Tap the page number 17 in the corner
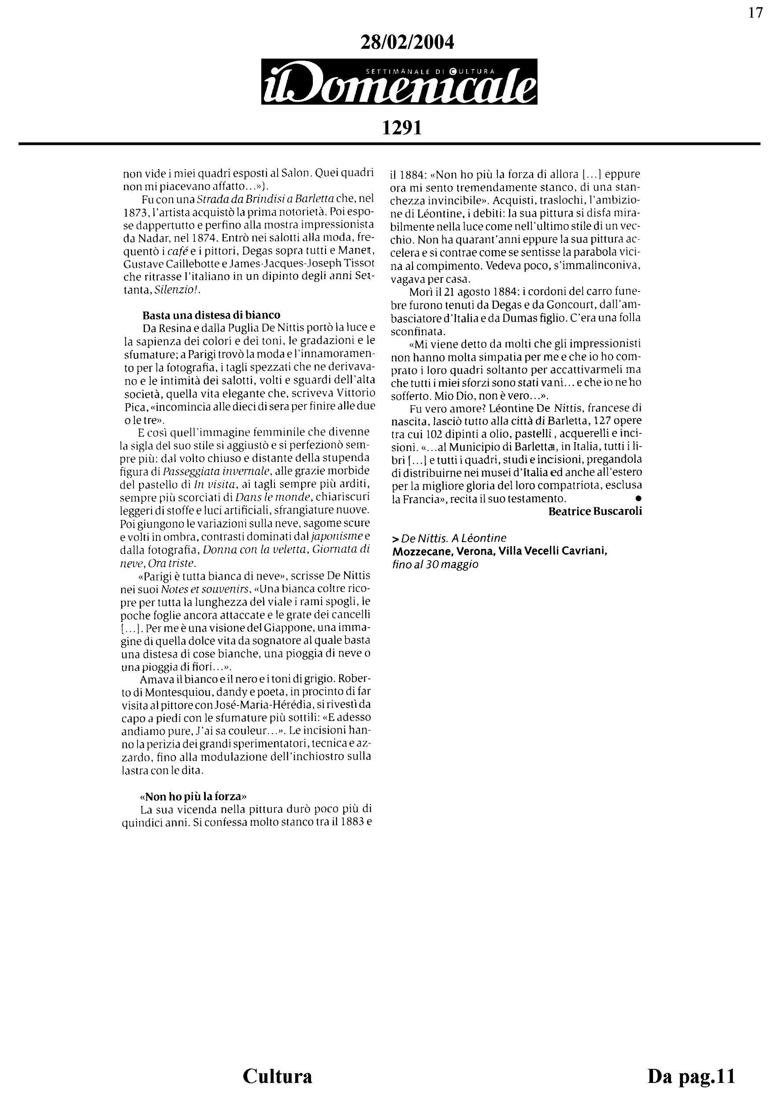tap(756, 13)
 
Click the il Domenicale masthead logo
tap(399, 82)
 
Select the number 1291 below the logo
tap(401, 129)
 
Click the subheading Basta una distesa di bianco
tap(211, 315)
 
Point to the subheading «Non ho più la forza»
tap(193, 797)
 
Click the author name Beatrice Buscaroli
tap(595, 511)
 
